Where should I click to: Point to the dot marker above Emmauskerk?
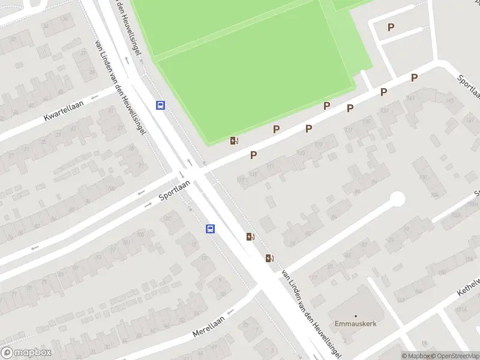click(x=355, y=316)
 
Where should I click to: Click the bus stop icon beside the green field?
click(x=161, y=105)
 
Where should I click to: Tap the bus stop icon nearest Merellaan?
click(x=211, y=229)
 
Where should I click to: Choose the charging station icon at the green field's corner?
click(x=235, y=141)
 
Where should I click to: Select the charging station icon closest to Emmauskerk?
click(x=270, y=259)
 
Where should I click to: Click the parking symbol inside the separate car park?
click(x=391, y=27)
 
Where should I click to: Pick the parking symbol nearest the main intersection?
click(x=254, y=155)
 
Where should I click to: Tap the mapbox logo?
click(x=26, y=353)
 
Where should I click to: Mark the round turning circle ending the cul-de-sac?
click(x=397, y=199)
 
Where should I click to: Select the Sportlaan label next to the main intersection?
click(x=174, y=190)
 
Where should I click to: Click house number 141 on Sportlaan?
click(x=411, y=98)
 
